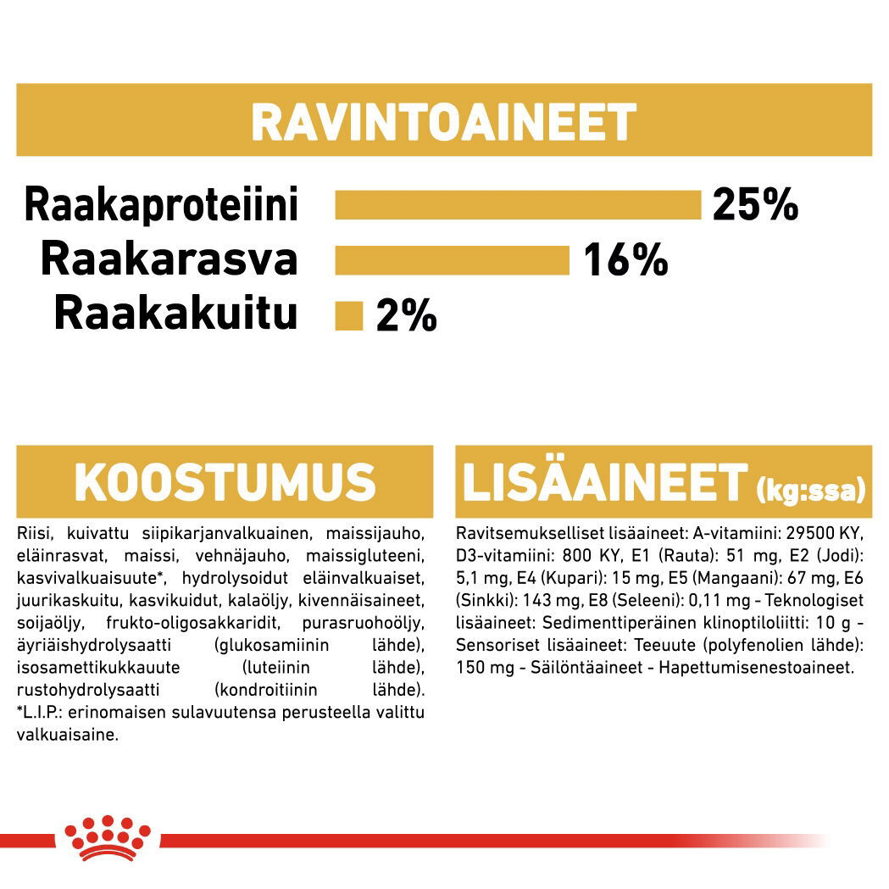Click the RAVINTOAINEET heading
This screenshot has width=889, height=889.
pos(443,122)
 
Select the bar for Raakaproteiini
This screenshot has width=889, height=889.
pos(518,205)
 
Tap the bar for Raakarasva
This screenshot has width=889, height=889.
pos(452,260)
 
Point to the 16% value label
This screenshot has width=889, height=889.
pos(625,260)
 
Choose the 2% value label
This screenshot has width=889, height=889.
pos(406,316)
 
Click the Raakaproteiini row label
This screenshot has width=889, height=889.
pos(161,206)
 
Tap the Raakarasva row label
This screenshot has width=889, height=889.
pos(169,259)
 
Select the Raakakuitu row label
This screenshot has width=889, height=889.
pos(175,314)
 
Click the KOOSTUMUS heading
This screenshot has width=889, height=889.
pos(224,482)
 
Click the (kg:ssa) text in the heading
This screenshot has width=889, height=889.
pos(809,490)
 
